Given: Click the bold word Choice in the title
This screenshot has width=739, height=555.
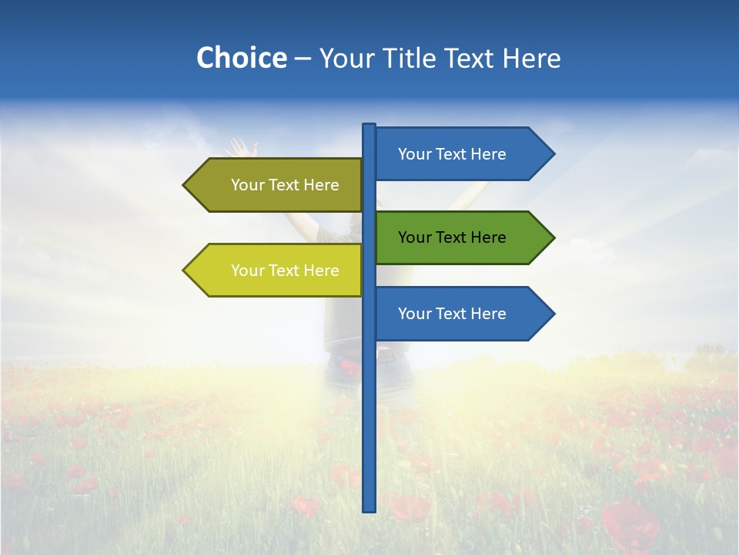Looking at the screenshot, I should coord(241,58).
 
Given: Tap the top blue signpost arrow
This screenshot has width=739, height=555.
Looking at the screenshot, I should coord(462,154).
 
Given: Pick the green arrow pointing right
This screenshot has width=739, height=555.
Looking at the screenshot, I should coord(462,237).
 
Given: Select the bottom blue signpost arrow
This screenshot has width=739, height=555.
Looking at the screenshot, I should coord(462,314).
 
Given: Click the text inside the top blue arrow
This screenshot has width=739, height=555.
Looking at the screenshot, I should coord(452,154).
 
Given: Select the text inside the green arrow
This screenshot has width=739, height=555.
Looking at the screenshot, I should coord(452,237).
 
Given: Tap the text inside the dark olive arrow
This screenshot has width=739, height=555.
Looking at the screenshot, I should coord(285,185).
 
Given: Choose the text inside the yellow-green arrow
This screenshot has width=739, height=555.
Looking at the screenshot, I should coord(285,271).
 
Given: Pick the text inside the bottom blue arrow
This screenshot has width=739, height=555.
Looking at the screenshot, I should coord(452,314).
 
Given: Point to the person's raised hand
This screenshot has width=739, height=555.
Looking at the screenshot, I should coord(242,147).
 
